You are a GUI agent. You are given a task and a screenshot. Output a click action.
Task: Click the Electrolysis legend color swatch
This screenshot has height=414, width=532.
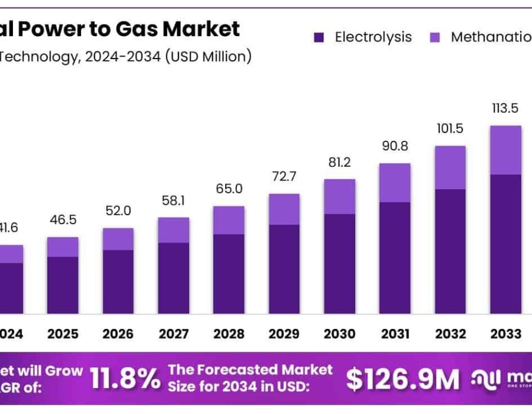(319, 38)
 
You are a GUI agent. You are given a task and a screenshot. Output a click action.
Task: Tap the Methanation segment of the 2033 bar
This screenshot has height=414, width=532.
(505, 150)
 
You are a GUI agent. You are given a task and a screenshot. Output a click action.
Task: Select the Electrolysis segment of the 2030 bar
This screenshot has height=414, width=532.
(339, 263)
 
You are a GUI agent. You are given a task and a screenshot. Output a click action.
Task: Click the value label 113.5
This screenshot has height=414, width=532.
(505, 108)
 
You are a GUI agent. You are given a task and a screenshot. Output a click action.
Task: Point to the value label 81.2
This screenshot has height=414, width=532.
(339, 162)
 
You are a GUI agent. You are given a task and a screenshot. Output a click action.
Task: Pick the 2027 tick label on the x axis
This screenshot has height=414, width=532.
(173, 334)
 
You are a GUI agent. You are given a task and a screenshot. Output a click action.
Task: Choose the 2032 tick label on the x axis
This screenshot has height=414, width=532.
(450, 334)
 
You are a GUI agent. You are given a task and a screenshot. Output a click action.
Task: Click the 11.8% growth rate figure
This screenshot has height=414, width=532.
(125, 379)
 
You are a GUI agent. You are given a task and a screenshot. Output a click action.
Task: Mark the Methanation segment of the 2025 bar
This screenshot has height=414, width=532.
(63, 247)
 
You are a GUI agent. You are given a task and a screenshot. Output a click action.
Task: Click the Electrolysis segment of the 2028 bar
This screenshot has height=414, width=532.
(229, 273)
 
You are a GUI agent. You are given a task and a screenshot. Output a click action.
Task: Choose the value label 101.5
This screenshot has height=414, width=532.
(450, 130)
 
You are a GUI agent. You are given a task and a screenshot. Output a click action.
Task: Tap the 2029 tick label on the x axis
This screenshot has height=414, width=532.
(284, 334)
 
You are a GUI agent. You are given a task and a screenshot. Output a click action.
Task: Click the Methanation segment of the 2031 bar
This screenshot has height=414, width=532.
(395, 183)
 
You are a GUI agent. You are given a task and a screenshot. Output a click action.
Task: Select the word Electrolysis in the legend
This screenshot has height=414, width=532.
(373, 37)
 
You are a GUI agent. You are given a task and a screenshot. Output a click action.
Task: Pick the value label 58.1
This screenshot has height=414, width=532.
(173, 201)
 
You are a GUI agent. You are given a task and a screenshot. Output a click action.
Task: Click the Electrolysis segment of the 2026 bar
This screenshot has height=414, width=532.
(118, 282)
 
